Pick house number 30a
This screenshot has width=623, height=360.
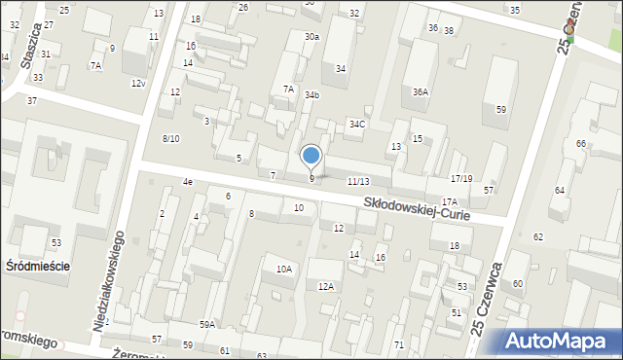click(x=311, y=36)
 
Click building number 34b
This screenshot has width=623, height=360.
click(x=311, y=95)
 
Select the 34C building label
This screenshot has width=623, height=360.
click(x=357, y=124)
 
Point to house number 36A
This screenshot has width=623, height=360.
click(x=420, y=91)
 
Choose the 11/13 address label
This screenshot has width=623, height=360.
click(x=357, y=182)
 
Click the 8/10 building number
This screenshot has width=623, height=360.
click(x=170, y=139)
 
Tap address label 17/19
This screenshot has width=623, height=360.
click(x=461, y=179)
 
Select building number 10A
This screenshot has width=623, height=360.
click(x=283, y=269)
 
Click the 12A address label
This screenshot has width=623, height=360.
click(x=326, y=286)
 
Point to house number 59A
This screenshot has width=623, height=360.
click(x=207, y=325)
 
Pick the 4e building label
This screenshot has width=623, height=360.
click(x=187, y=182)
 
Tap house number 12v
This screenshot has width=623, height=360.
click(x=138, y=84)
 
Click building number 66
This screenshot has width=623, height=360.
click(x=581, y=144)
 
